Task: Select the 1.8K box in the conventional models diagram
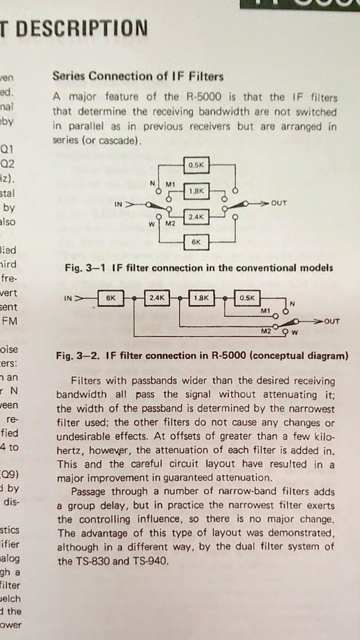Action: coord(196,191)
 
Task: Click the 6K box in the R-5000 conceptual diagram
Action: coord(110,298)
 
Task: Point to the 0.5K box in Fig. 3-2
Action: coord(247,298)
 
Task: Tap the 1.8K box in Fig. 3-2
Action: coord(202,298)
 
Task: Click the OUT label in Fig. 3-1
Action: coord(279,204)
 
